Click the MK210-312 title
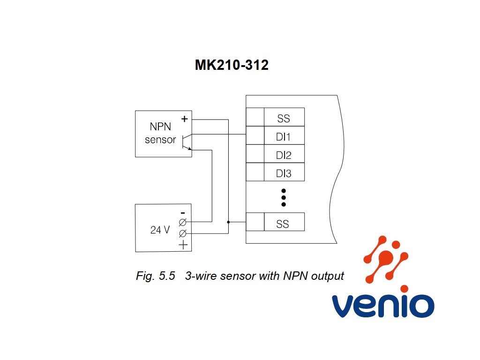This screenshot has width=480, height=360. (x=232, y=65)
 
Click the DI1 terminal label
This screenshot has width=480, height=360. (x=283, y=137)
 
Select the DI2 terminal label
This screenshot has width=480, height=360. (x=284, y=155)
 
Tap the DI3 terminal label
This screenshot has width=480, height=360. (x=284, y=173)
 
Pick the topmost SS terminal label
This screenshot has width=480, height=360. (x=284, y=119)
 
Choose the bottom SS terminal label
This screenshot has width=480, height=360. (x=283, y=224)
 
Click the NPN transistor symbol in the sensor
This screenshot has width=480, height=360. (x=187, y=142)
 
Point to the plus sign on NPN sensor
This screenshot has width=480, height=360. (x=184, y=119)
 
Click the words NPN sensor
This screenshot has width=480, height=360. (x=160, y=133)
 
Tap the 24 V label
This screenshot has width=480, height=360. (x=160, y=230)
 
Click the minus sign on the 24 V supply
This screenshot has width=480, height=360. (x=183, y=213)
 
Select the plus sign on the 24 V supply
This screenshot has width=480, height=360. (x=183, y=245)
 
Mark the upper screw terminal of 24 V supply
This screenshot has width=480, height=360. (x=182, y=222)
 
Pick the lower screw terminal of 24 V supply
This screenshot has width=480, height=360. (x=182, y=233)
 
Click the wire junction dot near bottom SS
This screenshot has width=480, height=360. (x=228, y=222)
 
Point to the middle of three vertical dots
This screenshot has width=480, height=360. (x=284, y=197)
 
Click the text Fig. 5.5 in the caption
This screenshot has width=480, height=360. (x=156, y=276)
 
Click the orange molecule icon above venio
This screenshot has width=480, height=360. (x=386, y=259)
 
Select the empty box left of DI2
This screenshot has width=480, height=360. (x=255, y=154)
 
